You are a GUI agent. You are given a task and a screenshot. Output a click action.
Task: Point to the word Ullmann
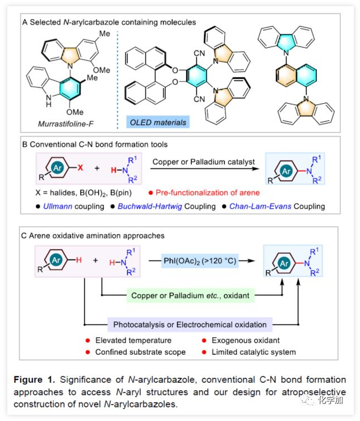click(59, 207)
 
